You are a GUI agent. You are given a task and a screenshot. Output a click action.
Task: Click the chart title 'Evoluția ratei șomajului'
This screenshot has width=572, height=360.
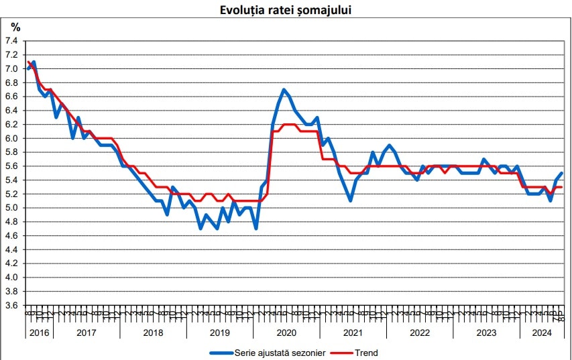coord(286,10)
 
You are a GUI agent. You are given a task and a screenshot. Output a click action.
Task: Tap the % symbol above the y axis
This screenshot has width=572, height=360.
coord(15,27)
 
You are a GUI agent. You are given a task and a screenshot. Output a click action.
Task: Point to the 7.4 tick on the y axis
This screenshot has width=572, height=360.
coord(11,41)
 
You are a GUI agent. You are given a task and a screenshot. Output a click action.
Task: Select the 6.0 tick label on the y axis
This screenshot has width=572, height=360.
coord(11,138)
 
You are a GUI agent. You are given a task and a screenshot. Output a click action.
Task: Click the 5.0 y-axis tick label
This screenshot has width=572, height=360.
coord(11,208)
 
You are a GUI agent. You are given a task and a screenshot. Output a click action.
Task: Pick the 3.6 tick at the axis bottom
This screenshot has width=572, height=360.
coord(11,305)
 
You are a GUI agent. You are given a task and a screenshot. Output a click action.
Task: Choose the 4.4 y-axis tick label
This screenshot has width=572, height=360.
coord(11,249)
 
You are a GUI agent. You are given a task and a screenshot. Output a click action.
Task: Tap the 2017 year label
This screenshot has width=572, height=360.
coord(87,333)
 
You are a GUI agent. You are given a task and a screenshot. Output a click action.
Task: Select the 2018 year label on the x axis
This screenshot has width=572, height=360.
coord(153,333)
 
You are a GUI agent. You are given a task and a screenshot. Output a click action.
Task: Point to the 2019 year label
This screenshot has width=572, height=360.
coord(219,333)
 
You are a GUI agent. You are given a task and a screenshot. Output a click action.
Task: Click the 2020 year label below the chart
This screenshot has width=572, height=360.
coord(286,333)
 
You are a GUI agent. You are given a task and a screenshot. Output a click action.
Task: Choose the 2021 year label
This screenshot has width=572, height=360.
coord(353,333)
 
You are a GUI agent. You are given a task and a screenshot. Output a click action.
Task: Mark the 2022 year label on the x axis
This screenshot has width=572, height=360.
coord(419,333)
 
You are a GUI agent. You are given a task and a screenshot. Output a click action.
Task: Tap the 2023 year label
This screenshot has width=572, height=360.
coord(485,333)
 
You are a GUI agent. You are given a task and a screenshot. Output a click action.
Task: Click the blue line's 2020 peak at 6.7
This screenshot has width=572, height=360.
coord(284,89)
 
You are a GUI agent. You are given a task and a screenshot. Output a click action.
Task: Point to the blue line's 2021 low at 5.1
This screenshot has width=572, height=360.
coord(350,200)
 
